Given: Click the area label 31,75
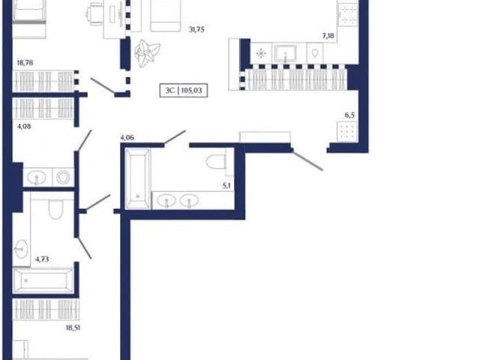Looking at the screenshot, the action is click(196, 30).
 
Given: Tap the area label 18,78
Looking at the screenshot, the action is click(25, 63).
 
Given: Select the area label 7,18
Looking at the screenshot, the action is click(328, 36).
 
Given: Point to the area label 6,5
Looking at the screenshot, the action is click(349, 115).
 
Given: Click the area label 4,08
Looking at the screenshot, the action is click(24, 126).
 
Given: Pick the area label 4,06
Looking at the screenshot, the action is click(127, 137).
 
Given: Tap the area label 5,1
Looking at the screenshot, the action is click(226, 185).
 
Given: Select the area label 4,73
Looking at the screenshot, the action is click(42, 259).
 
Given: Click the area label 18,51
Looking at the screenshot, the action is click(73, 328).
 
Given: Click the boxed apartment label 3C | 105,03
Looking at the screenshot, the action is click(184, 91).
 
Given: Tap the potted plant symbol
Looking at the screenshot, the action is click(147, 53).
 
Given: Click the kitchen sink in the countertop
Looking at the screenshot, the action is click(285, 53).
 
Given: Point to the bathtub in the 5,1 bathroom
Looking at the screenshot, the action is click(138, 178).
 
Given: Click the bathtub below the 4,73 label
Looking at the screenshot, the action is click(43, 280).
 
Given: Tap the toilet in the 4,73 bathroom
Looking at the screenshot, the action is click(55, 209).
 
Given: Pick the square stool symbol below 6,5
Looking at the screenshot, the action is click(346, 132).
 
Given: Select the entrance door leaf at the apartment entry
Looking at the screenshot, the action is click(307, 160).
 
